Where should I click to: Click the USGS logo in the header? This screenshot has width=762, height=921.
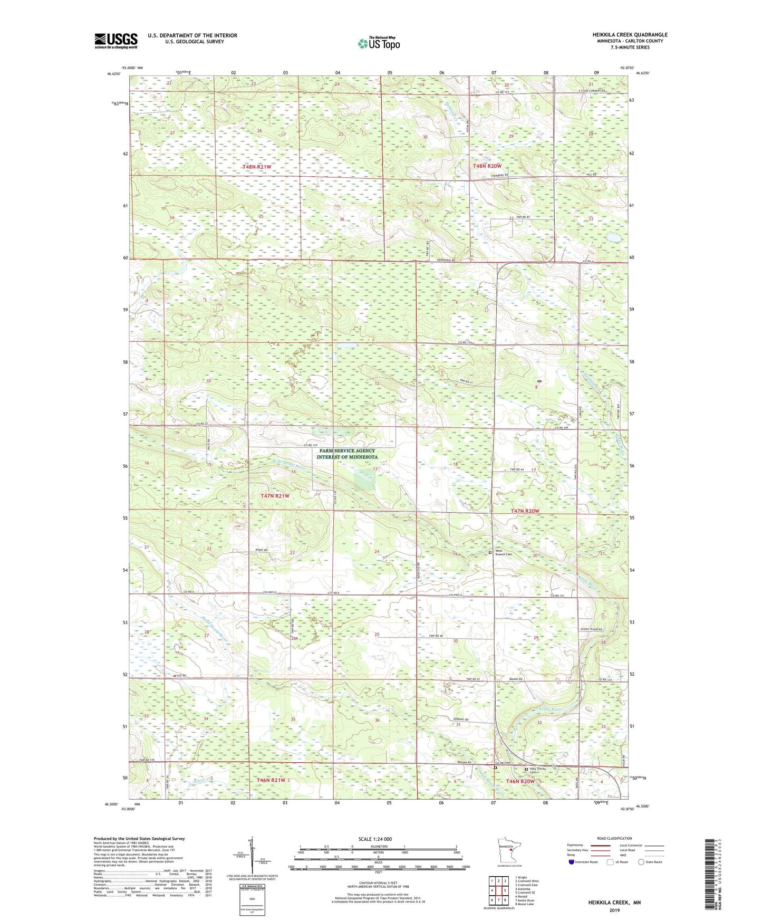(x=115, y=41)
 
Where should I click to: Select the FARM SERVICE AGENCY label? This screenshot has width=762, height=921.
(x=347, y=450)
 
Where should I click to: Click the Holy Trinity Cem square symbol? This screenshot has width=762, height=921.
(x=526, y=770)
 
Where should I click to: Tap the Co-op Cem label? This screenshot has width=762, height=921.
(x=503, y=763)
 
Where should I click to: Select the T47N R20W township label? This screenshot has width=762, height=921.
(x=525, y=511)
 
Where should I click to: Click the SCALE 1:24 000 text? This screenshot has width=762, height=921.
(x=374, y=839)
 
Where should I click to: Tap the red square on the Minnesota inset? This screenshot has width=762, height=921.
(x=511, y=850)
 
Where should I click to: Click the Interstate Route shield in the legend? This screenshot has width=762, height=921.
(x=572, y=862)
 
